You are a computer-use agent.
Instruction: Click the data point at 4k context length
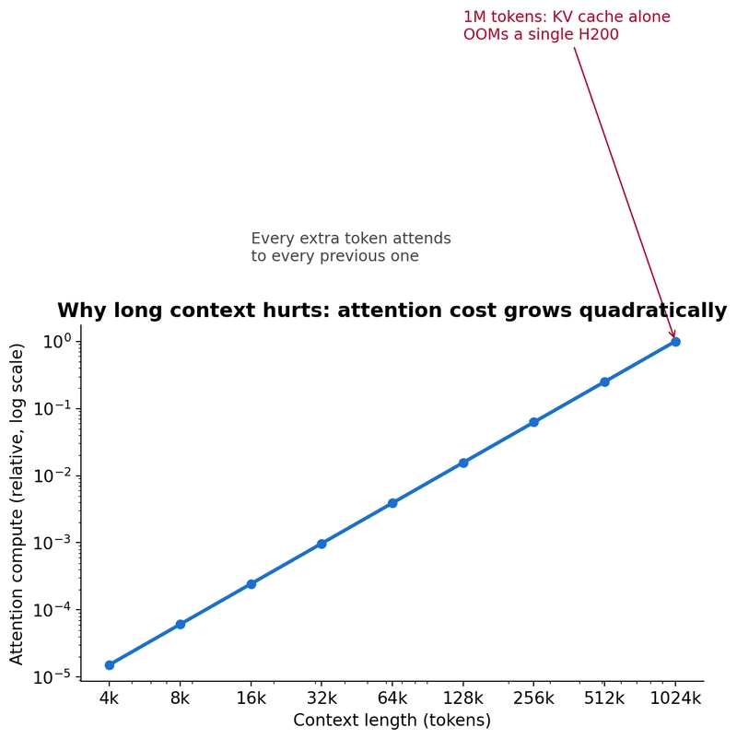(110, 665)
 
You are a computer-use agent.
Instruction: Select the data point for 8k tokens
(180, 625)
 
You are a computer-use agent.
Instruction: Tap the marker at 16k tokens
(252, 584)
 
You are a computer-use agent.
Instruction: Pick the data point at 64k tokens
(392, 503)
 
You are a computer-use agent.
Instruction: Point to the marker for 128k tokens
(463, 463)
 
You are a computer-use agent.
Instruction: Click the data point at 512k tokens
(604, 381)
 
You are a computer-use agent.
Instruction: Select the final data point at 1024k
(675, 342)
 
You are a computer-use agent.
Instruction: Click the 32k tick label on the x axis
(322, 698)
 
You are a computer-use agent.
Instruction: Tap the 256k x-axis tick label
(534, 698)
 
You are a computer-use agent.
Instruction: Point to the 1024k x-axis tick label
(675, 698)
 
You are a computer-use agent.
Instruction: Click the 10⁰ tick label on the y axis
(57, 341)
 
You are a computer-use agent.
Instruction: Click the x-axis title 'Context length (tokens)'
(392, 721)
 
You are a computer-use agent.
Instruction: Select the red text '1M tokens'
(505, 17)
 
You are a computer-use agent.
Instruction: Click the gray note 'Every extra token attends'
(351, 239)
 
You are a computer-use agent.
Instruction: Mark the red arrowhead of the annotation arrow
(673, 334)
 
